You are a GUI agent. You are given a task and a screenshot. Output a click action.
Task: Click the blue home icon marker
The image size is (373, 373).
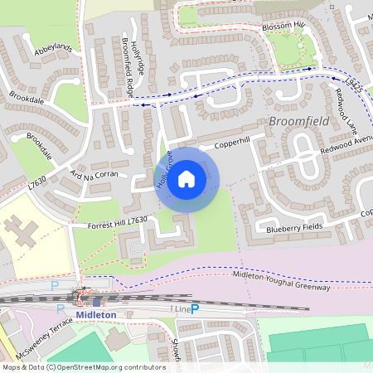pyautogui.click(x=186, y=178)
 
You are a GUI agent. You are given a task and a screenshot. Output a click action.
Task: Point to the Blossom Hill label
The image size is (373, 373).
pyautogui.click(x=284, y=26)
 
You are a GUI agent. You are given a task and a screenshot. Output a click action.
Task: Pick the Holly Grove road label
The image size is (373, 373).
pyautogui.click(x=163, y=169)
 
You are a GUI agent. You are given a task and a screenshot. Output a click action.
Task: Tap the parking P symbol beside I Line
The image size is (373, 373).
pyautogui.click(x=196, y=309)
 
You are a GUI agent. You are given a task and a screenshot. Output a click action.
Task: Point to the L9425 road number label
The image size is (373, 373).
pyautogui.click(x=355, y=81)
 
